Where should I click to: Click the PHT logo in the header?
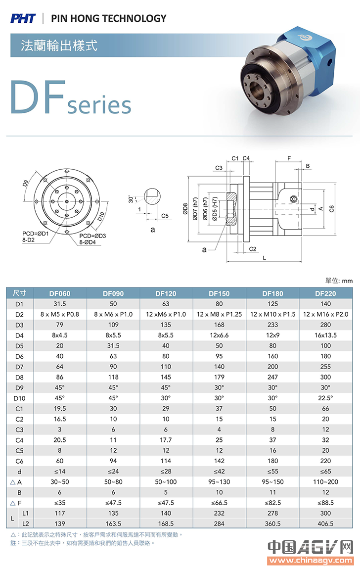point(23,18)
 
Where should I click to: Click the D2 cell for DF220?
point(325,314)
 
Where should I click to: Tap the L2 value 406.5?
point(325,523)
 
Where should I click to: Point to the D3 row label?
point(19,325)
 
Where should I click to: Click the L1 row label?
point(26,513)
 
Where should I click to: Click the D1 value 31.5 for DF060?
point(60,303)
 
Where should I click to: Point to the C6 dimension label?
point(332,209)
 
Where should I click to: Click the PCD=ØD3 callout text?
point(92,236)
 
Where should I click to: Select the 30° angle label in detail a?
point(131,199)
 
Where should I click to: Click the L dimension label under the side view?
point(265,258)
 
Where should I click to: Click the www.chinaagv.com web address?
point(310,561)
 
